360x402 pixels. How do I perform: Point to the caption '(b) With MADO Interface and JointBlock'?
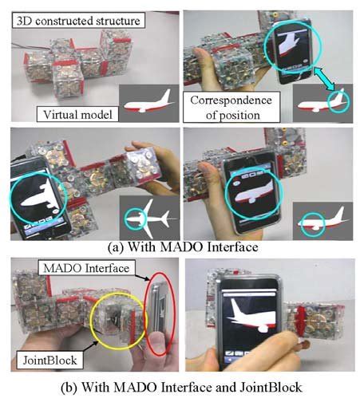(179, 390)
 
